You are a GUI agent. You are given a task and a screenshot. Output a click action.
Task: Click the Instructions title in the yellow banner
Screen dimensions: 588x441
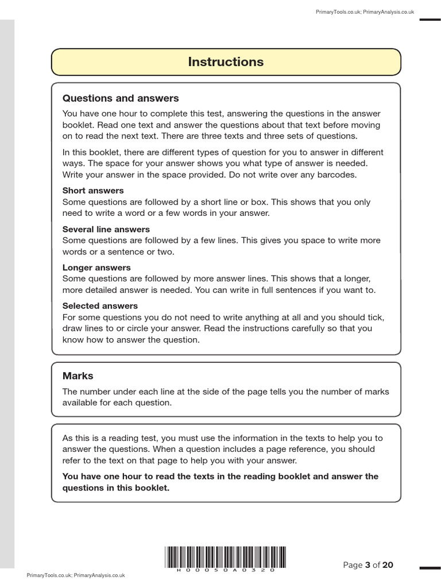[226, 62]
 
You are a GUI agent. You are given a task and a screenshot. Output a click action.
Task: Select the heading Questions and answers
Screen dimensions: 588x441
[121, 98]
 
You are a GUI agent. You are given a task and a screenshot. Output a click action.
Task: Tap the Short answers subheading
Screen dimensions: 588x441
[92, 190]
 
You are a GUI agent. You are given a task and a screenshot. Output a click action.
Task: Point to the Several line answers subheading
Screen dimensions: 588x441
[106, 229]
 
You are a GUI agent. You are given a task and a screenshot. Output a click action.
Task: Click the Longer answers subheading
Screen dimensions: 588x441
[96, 268]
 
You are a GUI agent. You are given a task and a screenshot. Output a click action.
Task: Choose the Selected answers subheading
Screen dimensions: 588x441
[100, 306]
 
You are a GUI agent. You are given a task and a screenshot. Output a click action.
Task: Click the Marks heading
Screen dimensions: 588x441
[78, 376]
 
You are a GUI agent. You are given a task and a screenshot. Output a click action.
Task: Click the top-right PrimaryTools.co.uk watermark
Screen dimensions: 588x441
[365, 11]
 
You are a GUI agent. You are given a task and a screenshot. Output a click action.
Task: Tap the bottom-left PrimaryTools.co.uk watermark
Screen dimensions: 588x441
[75, 575]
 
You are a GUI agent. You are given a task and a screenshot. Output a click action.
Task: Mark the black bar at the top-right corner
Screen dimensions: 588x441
[430, 20]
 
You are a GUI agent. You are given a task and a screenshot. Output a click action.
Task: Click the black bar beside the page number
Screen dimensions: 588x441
[430, 567]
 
